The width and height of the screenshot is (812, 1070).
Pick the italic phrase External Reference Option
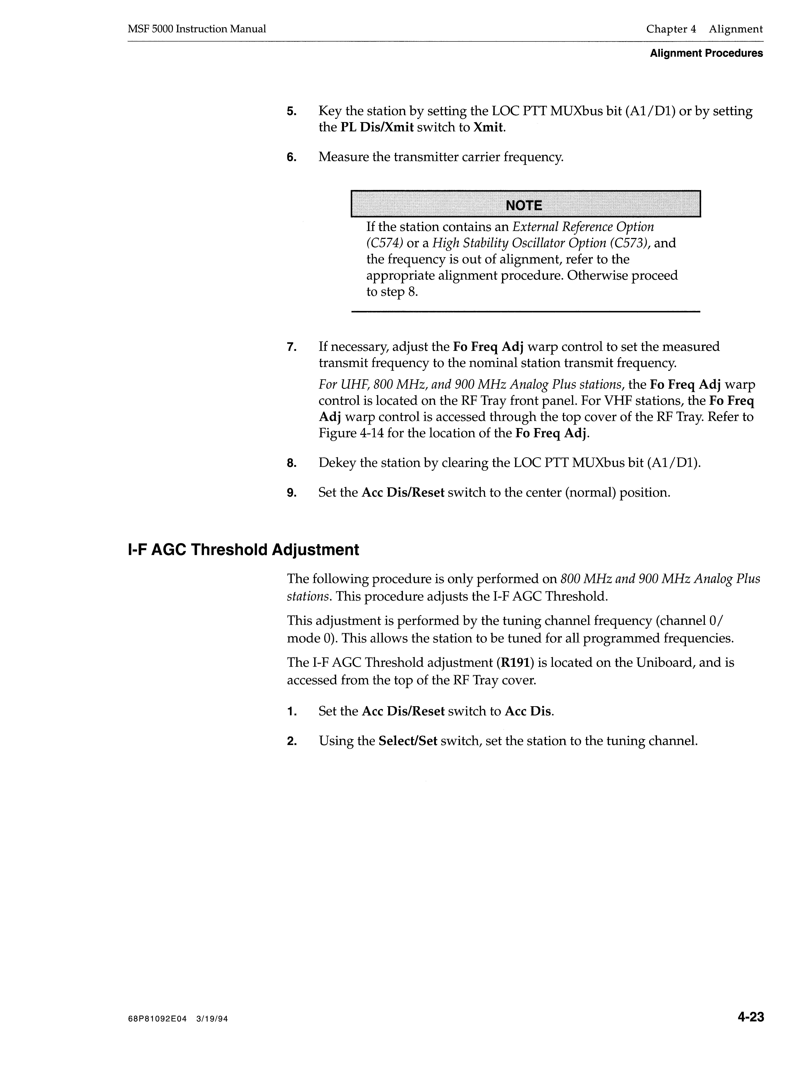coord(583,227)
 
